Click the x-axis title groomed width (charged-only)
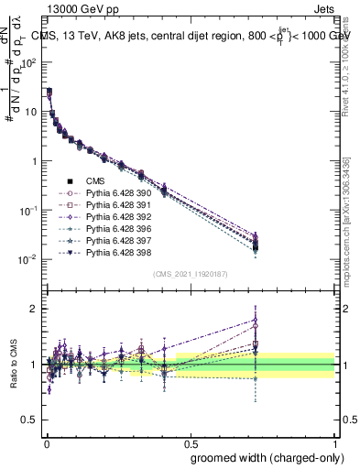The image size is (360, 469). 261,456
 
